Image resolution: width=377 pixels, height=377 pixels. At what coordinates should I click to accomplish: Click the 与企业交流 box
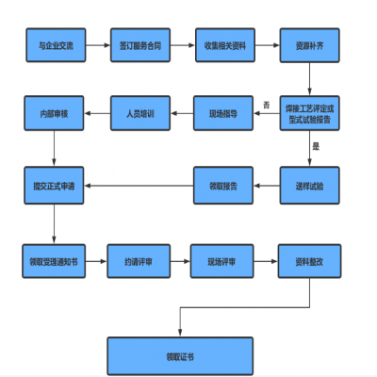tap(54, 45)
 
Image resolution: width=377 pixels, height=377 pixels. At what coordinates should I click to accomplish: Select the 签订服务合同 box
tap(139, 45)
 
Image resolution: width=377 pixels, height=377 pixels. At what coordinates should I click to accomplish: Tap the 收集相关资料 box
tap(222, 45)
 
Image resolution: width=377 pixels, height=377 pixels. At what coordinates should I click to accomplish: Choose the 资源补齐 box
tap(308, 45)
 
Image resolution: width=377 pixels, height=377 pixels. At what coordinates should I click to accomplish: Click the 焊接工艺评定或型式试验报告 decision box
tap(308, 114)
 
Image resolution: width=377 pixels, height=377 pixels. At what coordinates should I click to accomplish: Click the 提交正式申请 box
tap(54, 186)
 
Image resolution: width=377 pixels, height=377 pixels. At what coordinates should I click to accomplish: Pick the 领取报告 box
tap(222, 186)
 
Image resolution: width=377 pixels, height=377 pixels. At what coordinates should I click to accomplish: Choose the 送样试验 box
tap(308, 186)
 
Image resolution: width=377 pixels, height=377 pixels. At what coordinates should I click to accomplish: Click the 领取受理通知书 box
tap(54, 261)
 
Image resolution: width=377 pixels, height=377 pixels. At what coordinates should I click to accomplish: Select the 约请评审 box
tap(139, 261)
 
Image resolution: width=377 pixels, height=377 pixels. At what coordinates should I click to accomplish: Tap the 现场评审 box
tap(222, 261)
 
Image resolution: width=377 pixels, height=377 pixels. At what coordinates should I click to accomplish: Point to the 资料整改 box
tap(308, 261)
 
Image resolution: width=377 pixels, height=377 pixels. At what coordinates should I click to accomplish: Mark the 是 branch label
tap(316, 147)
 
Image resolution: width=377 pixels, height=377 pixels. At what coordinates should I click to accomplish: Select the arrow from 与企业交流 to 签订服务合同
tap(96, 45)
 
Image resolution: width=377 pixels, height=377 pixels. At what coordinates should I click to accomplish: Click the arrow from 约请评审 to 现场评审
tap(181, 261)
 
